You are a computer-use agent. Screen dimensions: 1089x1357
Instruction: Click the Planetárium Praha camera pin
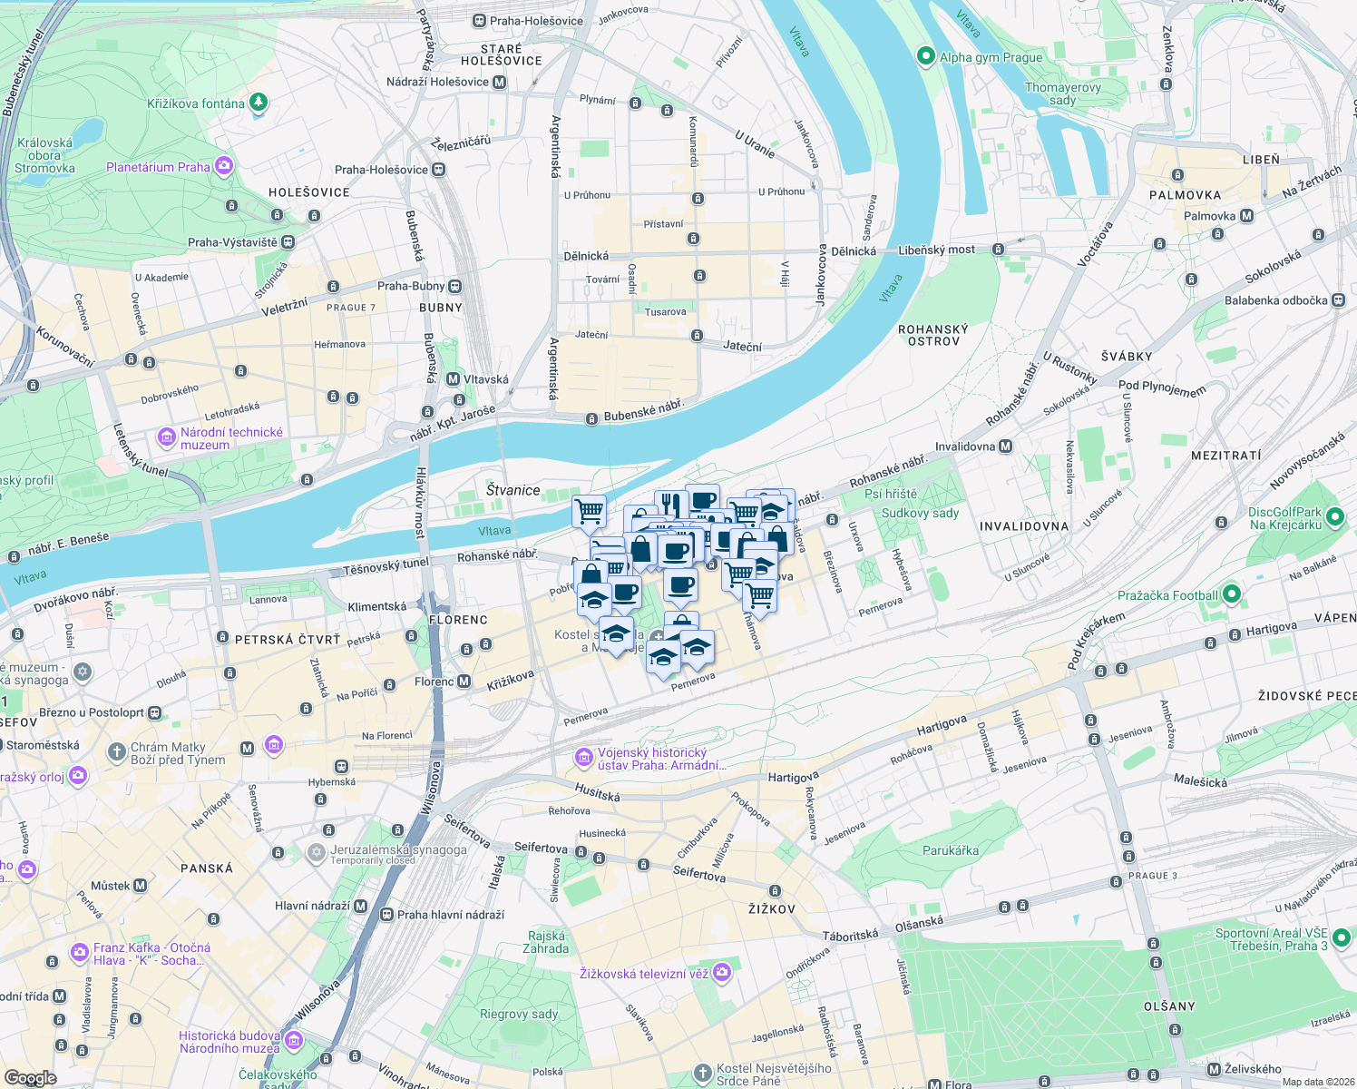coord(224,166)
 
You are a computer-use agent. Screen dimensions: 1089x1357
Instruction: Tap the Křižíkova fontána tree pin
coord(259,103)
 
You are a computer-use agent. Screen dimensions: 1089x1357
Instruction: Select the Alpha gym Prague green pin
coord(925,56)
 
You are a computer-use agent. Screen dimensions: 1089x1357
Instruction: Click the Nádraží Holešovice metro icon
coord(499,82)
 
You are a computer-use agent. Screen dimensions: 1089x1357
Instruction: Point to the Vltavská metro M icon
coord(454,379)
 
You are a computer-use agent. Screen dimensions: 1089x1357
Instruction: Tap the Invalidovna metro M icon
coord(1005,446)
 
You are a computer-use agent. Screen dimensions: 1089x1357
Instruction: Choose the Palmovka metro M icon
coord(1246,216)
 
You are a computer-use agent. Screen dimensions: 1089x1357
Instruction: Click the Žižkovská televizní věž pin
coord(721,973)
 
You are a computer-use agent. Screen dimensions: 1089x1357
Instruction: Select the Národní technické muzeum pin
coord(166,438)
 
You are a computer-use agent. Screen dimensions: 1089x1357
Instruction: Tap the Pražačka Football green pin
coord(1231,595)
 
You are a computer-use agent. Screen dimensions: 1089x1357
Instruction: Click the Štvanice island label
coord(513,490)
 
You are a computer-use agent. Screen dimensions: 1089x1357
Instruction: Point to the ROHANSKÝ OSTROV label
coord(933,335)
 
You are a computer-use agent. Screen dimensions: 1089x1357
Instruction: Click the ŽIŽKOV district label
coord(771,908)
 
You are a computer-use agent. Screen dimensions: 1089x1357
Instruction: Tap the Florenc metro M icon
coord(464,682)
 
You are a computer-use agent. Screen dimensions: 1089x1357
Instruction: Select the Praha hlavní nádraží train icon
coord(387,915)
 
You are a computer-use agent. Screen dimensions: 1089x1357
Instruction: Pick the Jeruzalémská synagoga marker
coord(316,852)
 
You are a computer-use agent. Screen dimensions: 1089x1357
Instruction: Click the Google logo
coord(30,1077)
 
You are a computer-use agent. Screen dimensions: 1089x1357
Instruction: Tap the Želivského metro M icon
coord(1214,1069)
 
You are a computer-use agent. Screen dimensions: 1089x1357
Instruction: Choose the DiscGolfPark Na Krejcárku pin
coord(1334,517)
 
